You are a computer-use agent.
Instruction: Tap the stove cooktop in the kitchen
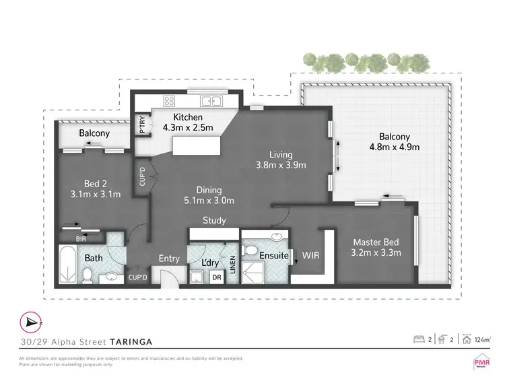click(168, 102)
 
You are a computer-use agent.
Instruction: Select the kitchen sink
click(213, 102)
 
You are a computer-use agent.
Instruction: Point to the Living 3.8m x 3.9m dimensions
click(281, 165)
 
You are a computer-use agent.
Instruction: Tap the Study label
click(214, 220)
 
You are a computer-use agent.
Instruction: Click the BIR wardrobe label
click(81, 238)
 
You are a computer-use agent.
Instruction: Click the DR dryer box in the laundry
click(216, 277)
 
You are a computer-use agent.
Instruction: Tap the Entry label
click(169, 259)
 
